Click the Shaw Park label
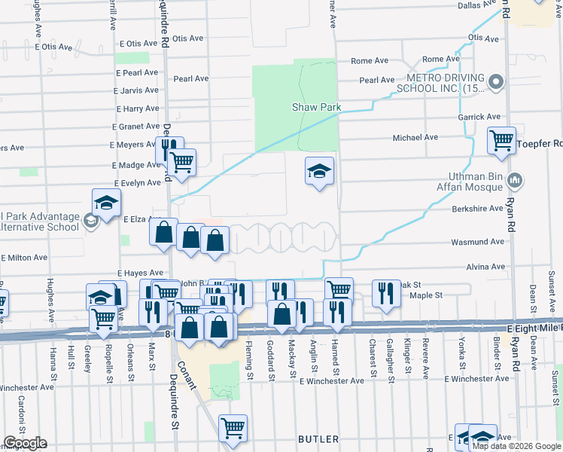(x=316, y=107)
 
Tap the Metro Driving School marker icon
(x=495, y=81)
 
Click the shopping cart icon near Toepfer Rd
(x=501, y=139)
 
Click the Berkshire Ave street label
(x=477, y=208)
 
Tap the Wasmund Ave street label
(x=477, y=242)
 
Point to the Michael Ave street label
(x=415, y=138)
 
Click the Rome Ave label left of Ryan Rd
(x=440, y=59)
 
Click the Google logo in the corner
(x=25, y=443)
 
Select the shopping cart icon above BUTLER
(x=233, y=427)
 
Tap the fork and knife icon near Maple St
(x=385, y=293)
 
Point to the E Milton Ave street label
(x=29, y=258)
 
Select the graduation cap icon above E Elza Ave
(x=107, y=203)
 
